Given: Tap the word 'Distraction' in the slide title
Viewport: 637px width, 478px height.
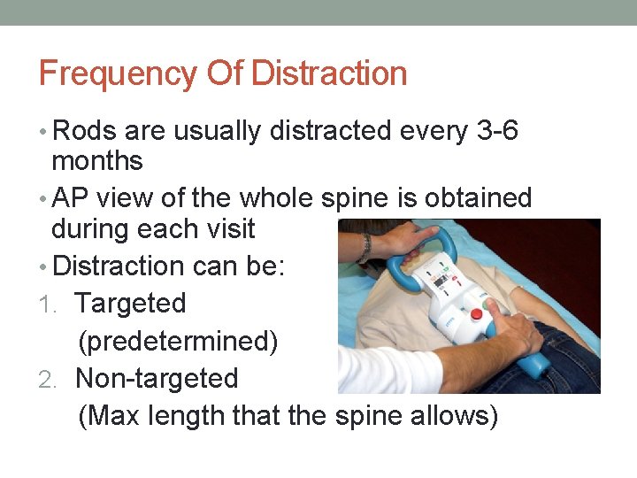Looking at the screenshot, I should [x=329, y=73].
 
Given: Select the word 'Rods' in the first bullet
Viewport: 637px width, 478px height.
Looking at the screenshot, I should [x=85, y=131].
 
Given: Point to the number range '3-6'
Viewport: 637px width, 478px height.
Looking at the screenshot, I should [x=497, y=131].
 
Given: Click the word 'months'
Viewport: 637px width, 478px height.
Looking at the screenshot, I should [x=97, y=161].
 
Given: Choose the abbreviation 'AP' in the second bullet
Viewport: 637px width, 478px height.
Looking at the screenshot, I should [x=72, y=198].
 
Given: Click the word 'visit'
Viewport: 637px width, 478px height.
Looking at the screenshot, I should [x=227, y=229].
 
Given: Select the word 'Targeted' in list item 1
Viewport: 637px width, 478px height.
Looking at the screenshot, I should [x=131, y=304].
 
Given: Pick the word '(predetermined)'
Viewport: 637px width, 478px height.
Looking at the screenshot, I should [x=178, y=341].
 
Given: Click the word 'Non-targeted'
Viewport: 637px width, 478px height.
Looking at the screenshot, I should [x=157, y=379].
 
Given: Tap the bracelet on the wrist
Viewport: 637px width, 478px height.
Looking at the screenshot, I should [x=365, y=248].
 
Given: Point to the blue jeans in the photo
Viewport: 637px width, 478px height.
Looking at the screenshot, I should [x=566, y=354].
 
